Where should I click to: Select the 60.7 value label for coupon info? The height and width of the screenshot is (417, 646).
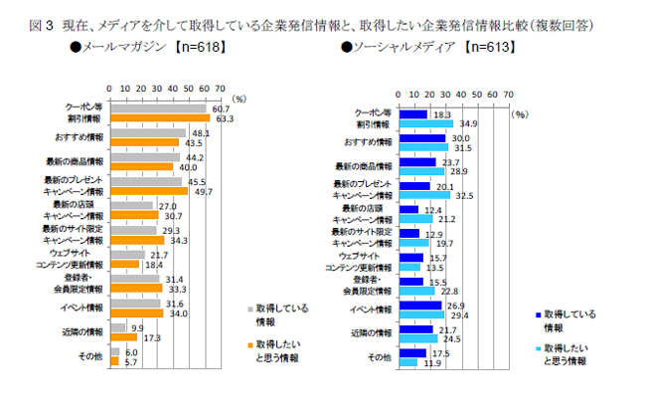222,107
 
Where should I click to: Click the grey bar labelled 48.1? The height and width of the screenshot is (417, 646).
148,132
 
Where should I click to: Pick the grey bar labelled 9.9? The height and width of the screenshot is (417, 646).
118,326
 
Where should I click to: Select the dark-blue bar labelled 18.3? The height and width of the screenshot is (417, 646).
412,113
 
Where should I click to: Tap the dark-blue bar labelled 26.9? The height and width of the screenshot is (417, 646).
419,306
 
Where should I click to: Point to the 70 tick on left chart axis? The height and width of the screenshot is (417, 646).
220,88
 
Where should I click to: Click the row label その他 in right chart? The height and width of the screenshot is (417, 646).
380,356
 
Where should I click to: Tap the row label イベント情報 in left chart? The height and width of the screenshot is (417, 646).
85,308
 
